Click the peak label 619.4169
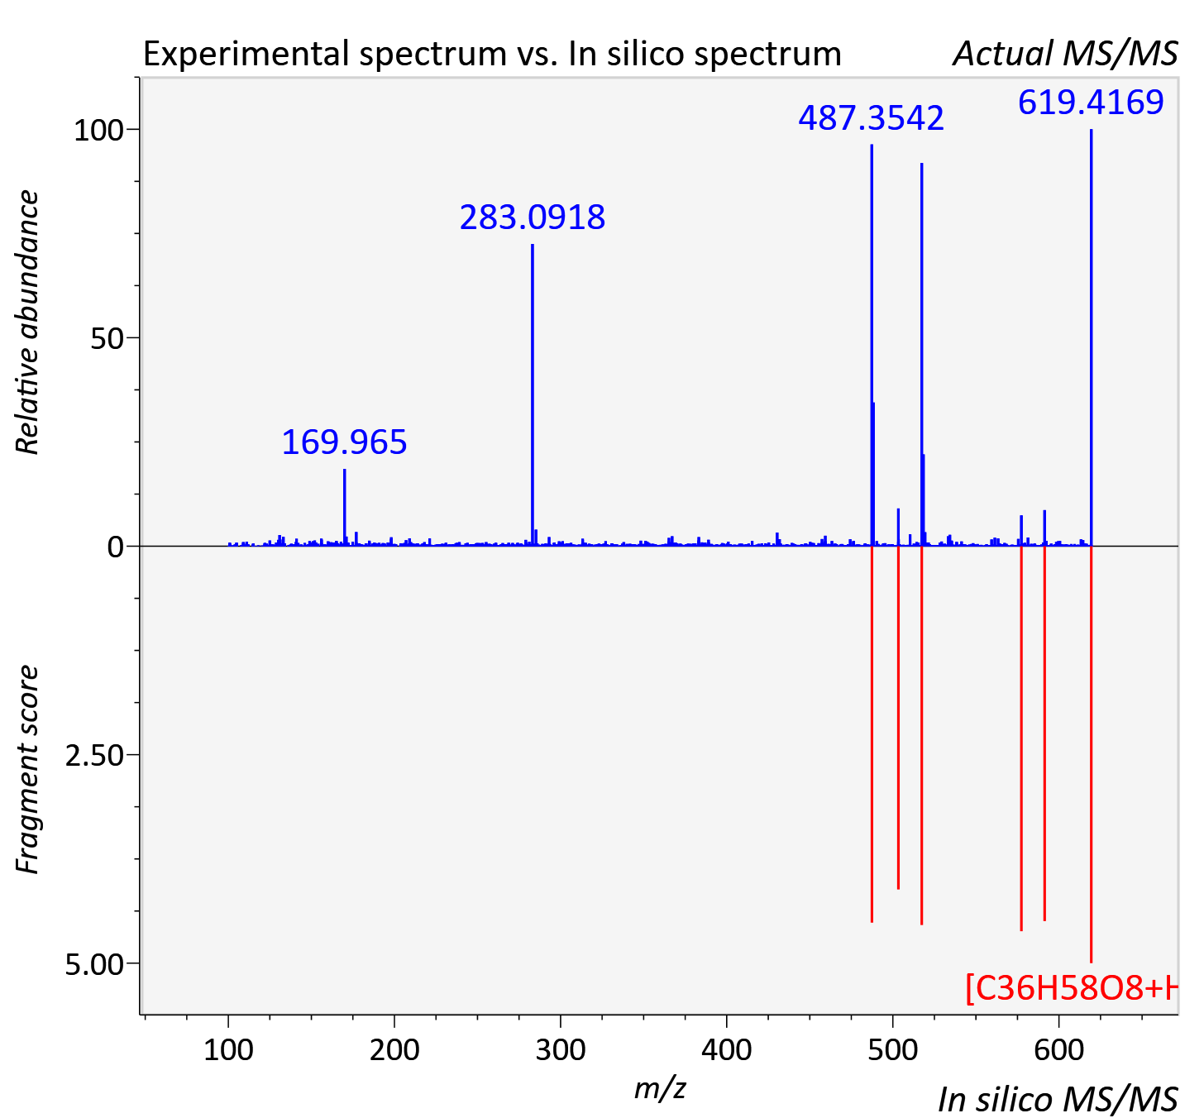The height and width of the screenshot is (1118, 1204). (1091, 102)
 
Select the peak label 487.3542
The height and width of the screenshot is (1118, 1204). (872, 117)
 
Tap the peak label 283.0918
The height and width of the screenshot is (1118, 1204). (533, 217)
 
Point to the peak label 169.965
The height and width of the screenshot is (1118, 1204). (344, 442)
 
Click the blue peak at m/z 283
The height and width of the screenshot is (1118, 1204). (533, 394)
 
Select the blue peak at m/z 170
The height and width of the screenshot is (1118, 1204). (344, 508)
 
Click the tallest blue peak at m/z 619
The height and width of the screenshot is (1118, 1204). (1092, 337)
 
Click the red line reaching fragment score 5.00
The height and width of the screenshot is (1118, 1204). (1092, 754)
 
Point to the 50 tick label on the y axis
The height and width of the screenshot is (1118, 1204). (107, 338)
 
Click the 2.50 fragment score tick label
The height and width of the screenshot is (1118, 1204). (94, 756)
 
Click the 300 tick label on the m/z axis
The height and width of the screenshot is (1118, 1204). (560, 1049)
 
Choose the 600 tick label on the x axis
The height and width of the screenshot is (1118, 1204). (1058, 1049)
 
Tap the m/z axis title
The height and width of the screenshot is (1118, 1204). (660, 1087)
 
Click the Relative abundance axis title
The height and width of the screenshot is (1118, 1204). (26, 322)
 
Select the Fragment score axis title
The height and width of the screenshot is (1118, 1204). (26, 769)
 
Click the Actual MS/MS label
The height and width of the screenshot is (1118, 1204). (1066, 54)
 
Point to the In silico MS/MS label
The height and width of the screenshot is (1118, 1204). (1058, 1099)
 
